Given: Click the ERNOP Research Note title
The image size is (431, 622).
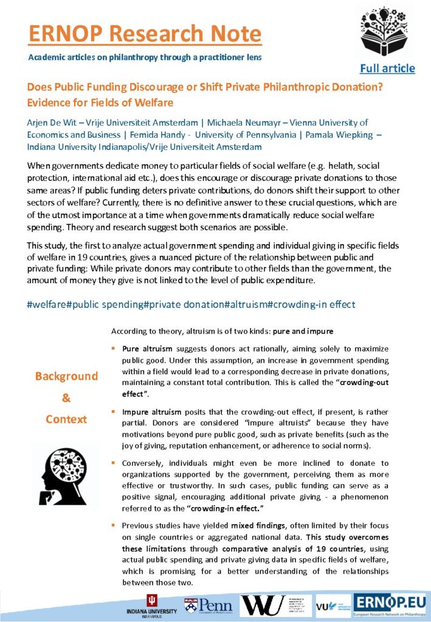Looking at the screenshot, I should [145, 33].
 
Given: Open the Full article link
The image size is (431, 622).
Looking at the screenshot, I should [387, 68].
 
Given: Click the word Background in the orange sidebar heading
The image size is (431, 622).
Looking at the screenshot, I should [66, 376].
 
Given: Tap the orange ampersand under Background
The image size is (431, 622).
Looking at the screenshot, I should [66, 398].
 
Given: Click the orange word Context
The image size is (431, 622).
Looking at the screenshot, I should [66, 419].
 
